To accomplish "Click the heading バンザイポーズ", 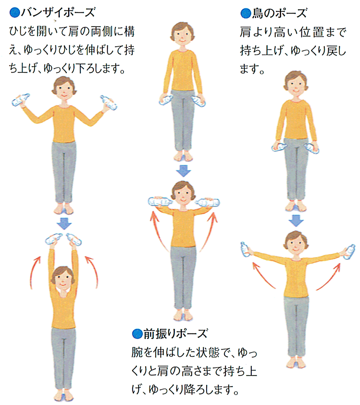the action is pos(58,12).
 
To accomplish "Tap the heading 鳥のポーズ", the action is pos(279,13).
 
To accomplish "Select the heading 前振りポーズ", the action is pos(175,334).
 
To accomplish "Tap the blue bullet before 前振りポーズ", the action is pos(137,334).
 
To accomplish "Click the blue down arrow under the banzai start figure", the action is pos(64,223).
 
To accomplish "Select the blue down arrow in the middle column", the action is pos(183,171).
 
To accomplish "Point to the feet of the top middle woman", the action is pos(183,157).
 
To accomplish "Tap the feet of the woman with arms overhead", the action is pos(64,396).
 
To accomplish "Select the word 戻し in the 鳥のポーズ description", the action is pos(336,50).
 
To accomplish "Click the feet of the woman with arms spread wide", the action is pos(296,362).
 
